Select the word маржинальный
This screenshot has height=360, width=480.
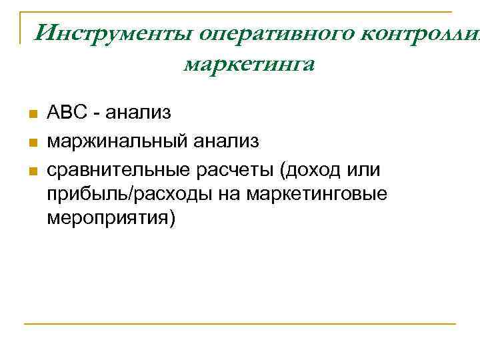117,141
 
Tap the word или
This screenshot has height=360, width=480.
363,170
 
